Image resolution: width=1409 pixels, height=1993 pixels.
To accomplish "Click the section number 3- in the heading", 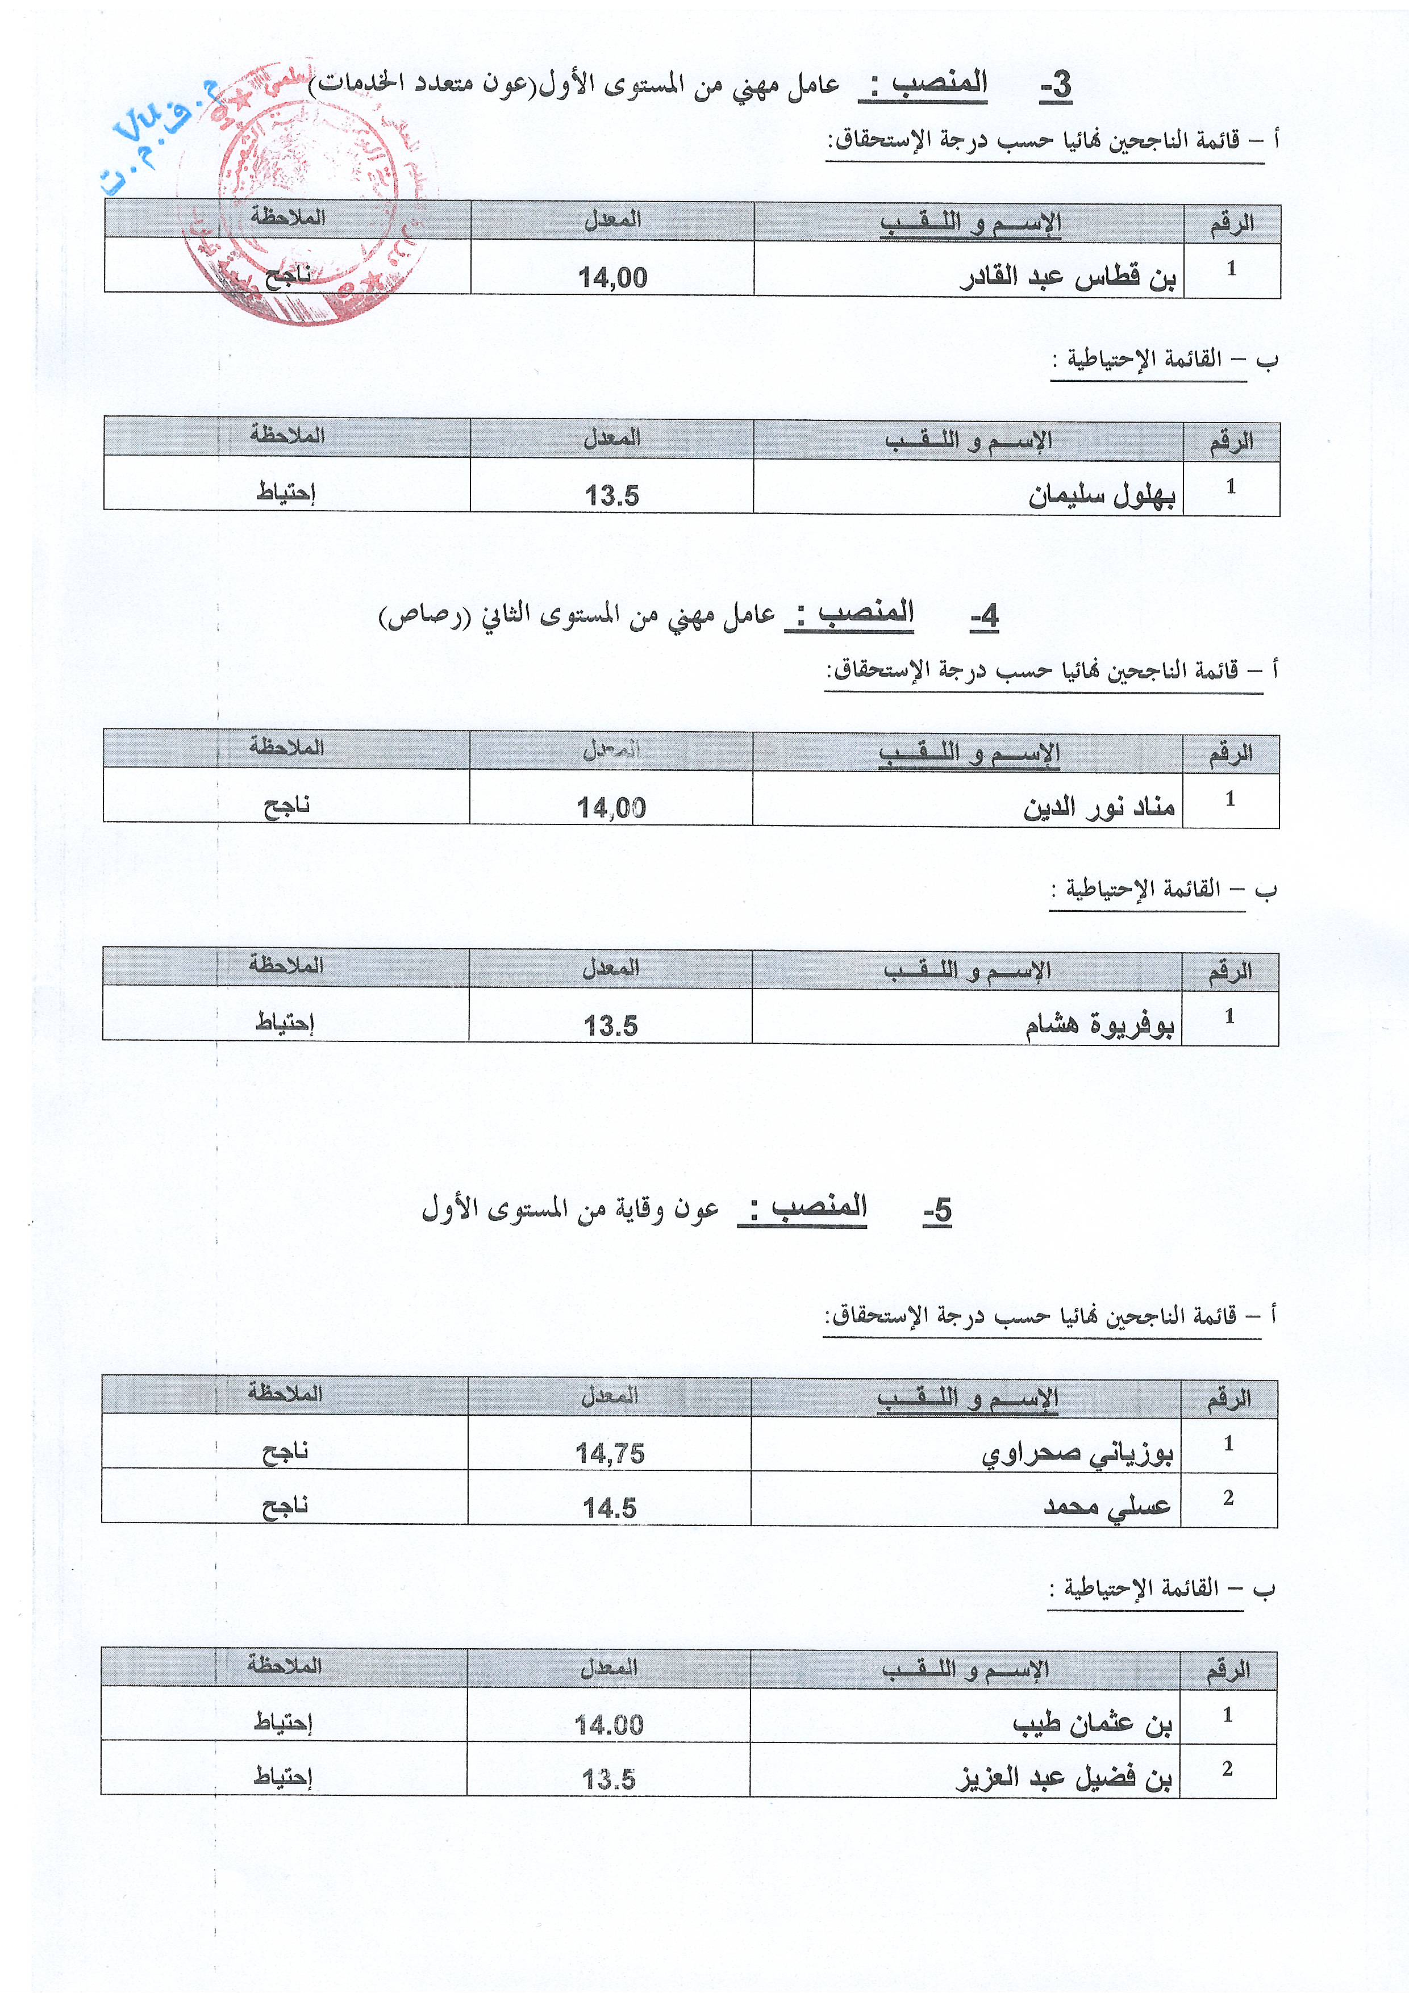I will point(1056,86).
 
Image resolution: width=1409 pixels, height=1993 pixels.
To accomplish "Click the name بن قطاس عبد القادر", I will point(1068,278).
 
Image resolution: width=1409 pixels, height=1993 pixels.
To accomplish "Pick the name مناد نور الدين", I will point(1098,807).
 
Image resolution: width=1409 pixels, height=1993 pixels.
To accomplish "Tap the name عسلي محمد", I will point(1108,1507).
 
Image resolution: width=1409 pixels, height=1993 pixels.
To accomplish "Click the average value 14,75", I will point(610,1454).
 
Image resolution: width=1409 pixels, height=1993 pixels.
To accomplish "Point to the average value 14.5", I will point(610,1508).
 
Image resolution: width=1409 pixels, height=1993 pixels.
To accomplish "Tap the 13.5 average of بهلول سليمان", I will point(611,495).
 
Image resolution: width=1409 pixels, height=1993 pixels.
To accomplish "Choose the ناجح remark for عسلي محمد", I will point(286,1506).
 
